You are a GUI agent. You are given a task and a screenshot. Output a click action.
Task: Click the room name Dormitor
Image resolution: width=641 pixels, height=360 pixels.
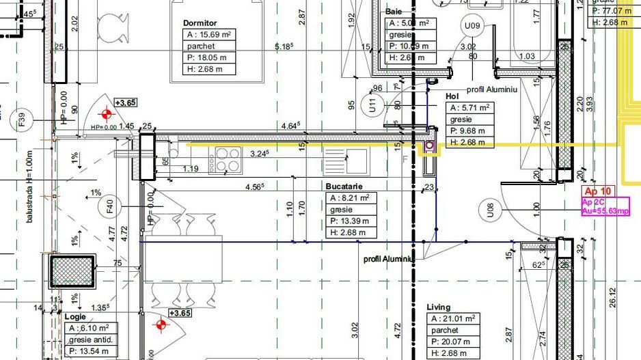[x=200, y=23]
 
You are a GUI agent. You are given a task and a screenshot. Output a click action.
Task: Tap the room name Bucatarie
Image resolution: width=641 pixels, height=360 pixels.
[x=344, y=186]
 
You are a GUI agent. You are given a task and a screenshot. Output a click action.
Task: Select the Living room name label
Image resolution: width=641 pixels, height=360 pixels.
[x=439, y=307]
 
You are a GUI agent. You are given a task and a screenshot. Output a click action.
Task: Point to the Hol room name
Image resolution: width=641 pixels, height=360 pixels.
[x=452, y=96]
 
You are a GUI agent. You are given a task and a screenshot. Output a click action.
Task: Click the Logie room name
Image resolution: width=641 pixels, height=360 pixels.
[x=75, y=317]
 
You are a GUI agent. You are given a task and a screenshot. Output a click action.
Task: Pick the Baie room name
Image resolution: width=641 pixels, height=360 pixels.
[x=394, y=12]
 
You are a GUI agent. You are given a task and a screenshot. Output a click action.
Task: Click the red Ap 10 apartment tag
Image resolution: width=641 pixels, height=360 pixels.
[x=597, y=192]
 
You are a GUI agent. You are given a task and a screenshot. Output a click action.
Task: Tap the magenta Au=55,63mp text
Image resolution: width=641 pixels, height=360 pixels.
[x=605, y=212]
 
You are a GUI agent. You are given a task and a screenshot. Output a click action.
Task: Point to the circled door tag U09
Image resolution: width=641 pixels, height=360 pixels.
[x=473, y=27]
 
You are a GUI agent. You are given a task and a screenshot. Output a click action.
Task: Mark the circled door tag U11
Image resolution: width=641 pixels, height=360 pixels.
[x=372, y=106]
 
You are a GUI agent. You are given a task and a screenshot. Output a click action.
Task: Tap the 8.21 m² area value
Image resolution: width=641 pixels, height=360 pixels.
[x=350, y=198]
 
